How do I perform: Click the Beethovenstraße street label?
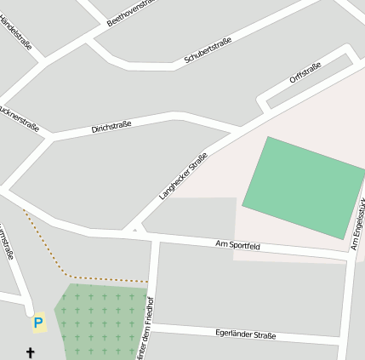click(131, 13)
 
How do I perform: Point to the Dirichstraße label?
click(111, 129)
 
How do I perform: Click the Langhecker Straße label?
click(183, 175)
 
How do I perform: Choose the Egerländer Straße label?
click(245, 334)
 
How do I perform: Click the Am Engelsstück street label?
click(357, 226)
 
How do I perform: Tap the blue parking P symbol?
click(37, 323)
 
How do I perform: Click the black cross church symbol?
click(31, 351)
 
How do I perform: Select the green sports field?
click(304, 187)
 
